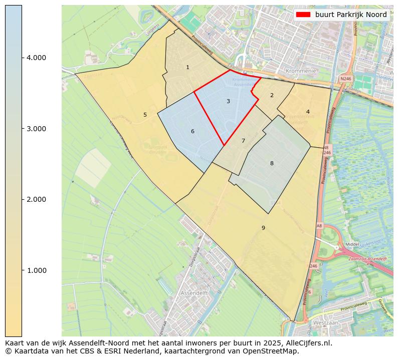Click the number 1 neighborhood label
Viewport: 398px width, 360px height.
coord(187,67)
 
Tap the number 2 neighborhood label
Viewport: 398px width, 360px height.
coord(272,95)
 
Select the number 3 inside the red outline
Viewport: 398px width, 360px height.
coord(228,101)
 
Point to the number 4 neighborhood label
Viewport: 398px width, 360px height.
coord(308,112)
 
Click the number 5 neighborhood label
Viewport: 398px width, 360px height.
coord(145,115)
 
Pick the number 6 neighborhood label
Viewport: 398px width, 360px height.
coord(192,132)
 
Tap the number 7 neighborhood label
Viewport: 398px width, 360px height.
coord(243,141)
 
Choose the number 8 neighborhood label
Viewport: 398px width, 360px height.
coord(272,163)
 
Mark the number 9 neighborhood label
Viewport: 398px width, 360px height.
coord(263,228)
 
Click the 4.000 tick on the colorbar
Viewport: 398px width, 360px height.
coord(36,58)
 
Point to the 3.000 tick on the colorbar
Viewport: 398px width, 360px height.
coord(36,129)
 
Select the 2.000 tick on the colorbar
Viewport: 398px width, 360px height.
coord(36,199)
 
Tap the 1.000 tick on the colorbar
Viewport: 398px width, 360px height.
coord(36,270)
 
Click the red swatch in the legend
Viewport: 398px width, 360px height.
coord(303,15)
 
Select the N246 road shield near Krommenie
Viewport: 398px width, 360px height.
coord(345,79)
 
